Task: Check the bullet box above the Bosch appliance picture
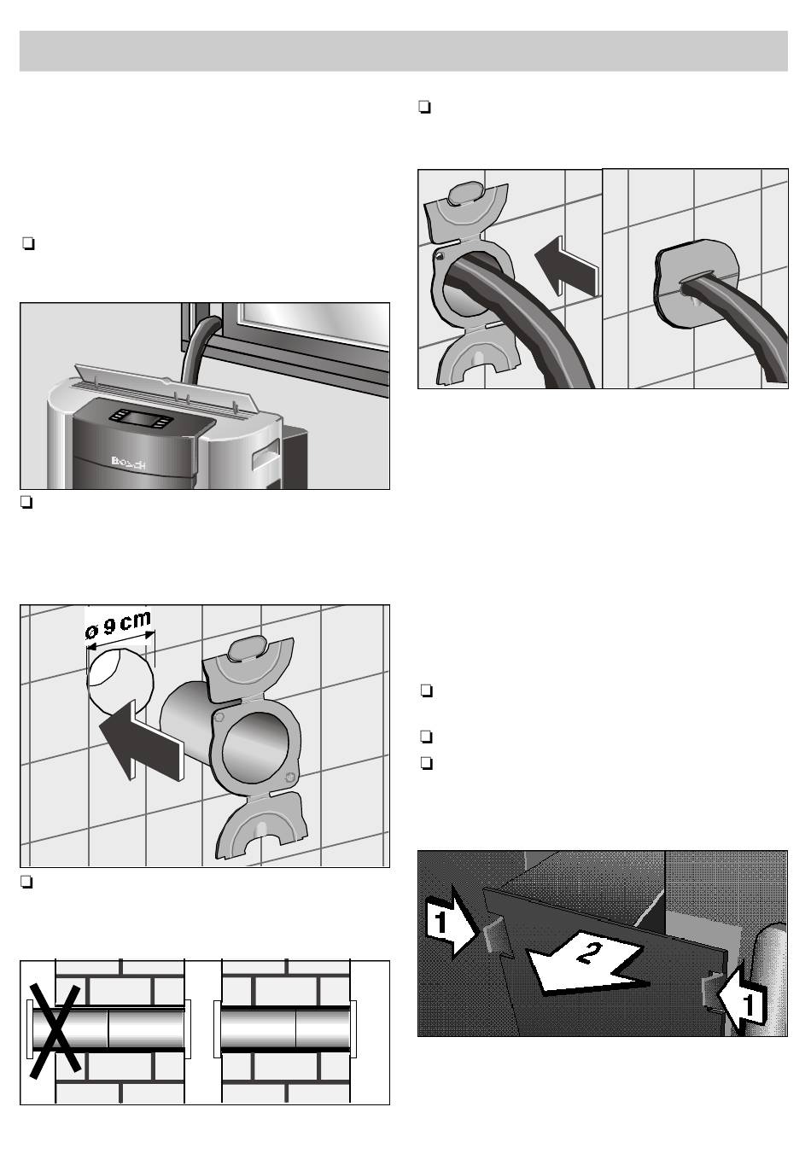pos(27,246)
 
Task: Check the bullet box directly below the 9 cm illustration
pos(27,883)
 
